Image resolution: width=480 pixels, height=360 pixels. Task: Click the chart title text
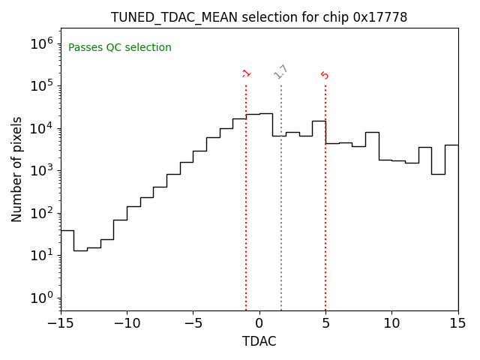259,17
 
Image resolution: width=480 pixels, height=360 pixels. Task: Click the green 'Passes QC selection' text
120,48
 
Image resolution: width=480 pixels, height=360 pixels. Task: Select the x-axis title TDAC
259,341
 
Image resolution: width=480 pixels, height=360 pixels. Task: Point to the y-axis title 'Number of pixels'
17,169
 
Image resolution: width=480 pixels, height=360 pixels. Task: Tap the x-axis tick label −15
61,323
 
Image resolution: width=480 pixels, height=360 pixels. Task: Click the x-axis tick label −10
127,323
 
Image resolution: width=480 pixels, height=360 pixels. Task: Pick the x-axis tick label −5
193,323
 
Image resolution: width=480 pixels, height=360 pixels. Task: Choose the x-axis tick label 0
259,323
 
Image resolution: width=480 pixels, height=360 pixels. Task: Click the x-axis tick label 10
391,323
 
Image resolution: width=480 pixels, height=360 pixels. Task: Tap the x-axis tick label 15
457,323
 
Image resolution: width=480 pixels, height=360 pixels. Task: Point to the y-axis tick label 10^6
41,43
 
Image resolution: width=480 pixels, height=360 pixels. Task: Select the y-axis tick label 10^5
41,85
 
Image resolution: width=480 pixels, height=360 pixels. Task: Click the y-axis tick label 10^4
41,128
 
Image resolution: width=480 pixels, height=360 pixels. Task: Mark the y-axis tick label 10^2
41,213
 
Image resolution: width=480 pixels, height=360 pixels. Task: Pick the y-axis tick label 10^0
41,298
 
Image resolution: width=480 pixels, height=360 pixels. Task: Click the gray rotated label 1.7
281,72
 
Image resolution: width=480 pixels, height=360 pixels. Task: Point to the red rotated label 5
325,75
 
